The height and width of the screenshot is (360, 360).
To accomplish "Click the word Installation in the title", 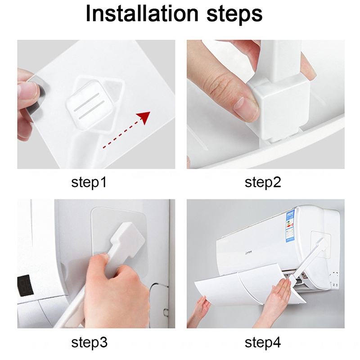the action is (x=142, y=13).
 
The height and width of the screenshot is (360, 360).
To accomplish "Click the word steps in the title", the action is (x=234, y=15).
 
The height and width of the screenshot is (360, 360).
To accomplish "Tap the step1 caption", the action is (x=89, y=182).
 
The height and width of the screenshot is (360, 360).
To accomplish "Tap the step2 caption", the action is (x=263, y=182).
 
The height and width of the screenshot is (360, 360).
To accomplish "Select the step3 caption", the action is (x=89, y=342).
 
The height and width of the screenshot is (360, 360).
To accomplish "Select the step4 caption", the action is (x=263, y=342).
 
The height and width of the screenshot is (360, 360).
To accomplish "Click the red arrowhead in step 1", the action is (x=144, y=117).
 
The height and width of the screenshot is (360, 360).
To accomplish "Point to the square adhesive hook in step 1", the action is (x=90, y=105).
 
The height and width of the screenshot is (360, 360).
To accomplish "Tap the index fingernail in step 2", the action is (x=245, y=109).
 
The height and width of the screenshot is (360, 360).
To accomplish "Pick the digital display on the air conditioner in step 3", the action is (x=25, y=285).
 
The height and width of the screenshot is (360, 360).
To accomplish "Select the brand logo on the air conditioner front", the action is (x=249, y=253).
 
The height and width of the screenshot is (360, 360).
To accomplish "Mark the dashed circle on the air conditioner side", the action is (x=334, y=279).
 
